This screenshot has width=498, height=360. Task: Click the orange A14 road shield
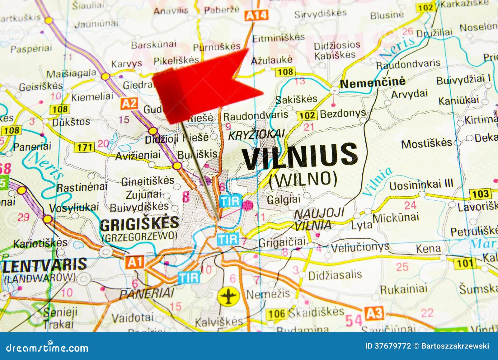(x=256, y=15)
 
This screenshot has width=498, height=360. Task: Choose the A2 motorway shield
(x=129, y=103)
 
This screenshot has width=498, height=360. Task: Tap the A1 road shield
(x=135, y=262)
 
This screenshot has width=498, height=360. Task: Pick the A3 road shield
(x=374, y=313)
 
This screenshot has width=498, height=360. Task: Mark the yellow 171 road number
(x=85, y=147)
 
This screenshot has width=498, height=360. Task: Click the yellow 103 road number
(x=480, y=194)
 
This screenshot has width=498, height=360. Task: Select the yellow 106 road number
(x=277, y=314)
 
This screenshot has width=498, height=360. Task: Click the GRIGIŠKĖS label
(x=139, y=223)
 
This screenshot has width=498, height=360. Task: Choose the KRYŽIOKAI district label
(x=256, y=134)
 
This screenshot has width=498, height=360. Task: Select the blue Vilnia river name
(x=377, y=182)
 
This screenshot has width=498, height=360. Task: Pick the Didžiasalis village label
(x=335, y=275)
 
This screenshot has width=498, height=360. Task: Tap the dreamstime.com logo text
(x=47, y=348)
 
